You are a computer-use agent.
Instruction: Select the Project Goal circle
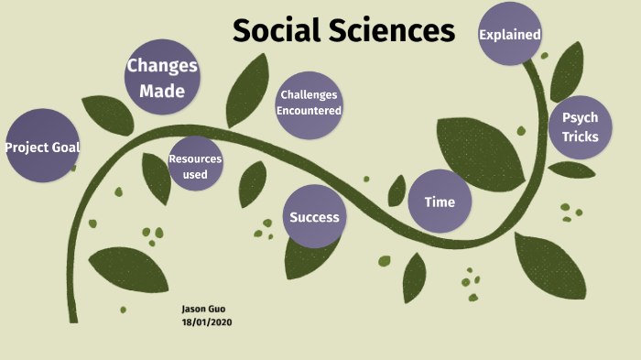coord(42,147)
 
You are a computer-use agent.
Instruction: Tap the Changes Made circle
coord(162,77)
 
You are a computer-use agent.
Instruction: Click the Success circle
coord(314,217)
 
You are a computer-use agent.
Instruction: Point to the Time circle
coord(440,202)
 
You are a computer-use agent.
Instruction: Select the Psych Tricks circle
coord(580,128)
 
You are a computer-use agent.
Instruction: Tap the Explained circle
coord(510,35)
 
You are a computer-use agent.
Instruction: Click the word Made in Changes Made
coord(162,91)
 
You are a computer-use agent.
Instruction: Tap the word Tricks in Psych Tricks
coord(581,137)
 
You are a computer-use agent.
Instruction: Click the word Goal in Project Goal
coord(64,147)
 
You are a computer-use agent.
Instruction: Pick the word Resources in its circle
coord(195,158)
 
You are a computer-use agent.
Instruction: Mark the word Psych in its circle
coord(580,118)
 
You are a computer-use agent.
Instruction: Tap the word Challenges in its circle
coord(310,94)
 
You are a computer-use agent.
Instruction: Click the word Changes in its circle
coord(162,65)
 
